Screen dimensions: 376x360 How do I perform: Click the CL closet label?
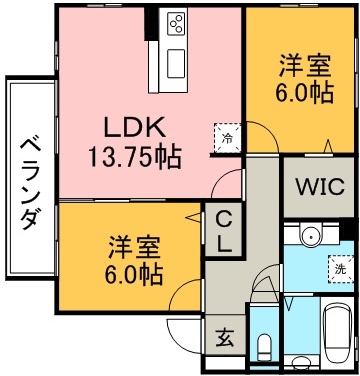coord(221,232)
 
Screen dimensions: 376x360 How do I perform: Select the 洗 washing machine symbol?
coord(340,268)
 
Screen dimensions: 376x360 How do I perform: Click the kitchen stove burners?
coord(176,22)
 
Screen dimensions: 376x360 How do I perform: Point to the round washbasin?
coord(309,238)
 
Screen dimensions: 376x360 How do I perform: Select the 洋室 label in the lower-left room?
coord(133,246)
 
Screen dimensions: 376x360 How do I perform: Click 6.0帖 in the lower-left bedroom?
coord(133,272)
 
